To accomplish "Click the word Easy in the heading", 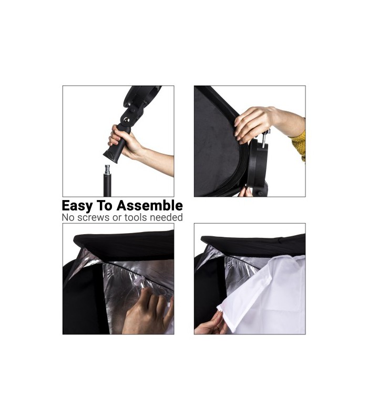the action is point(77,206).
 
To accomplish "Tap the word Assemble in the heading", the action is point(150,205).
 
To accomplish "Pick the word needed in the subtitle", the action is point(166,217).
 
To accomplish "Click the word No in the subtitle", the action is point(68,217).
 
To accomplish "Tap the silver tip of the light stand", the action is point(108,170).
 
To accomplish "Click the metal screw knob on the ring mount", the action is point(265,139).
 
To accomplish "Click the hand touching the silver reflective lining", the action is point(148,312).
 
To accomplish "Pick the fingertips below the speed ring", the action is point(246,192).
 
